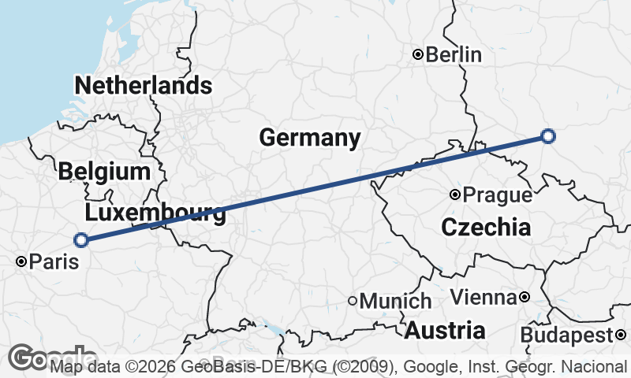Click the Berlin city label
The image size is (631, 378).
pos(454,54)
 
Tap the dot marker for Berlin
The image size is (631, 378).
pos(419,54)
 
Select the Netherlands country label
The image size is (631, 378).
pos(143,85)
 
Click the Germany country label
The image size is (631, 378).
pos(310,138)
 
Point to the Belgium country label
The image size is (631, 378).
pos(103,171)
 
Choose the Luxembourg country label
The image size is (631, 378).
pos(155,213)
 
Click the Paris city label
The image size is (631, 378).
pos(54,261)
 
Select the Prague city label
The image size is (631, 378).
pos(497,195)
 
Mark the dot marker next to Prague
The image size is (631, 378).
pos(455,195)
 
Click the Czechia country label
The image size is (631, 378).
pos(486,228)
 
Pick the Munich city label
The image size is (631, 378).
pos(395,301)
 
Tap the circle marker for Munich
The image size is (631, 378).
pos(353,301)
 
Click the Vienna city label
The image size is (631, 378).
pos(483,298)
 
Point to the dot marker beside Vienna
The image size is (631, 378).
pos(524,298)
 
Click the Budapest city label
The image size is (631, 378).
pos(566,335)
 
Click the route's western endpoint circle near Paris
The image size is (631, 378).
pos(80,240)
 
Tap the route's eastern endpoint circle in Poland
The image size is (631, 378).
pos(549,136)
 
